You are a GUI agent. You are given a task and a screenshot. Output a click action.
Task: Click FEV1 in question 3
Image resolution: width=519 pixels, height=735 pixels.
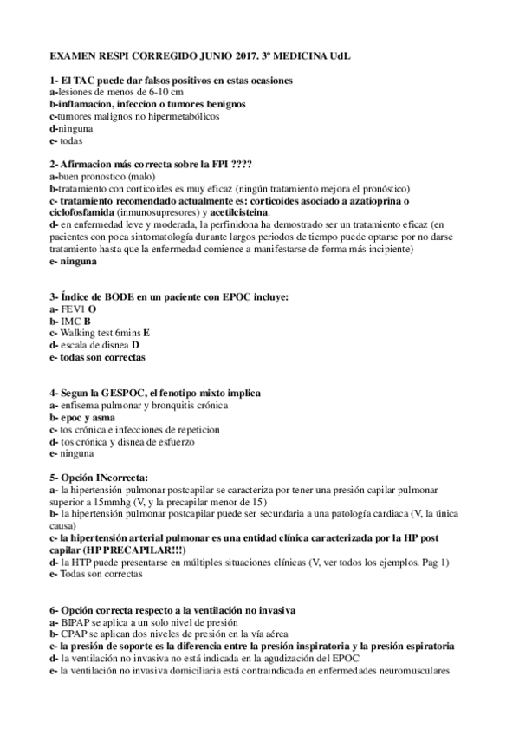coord(73,309)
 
